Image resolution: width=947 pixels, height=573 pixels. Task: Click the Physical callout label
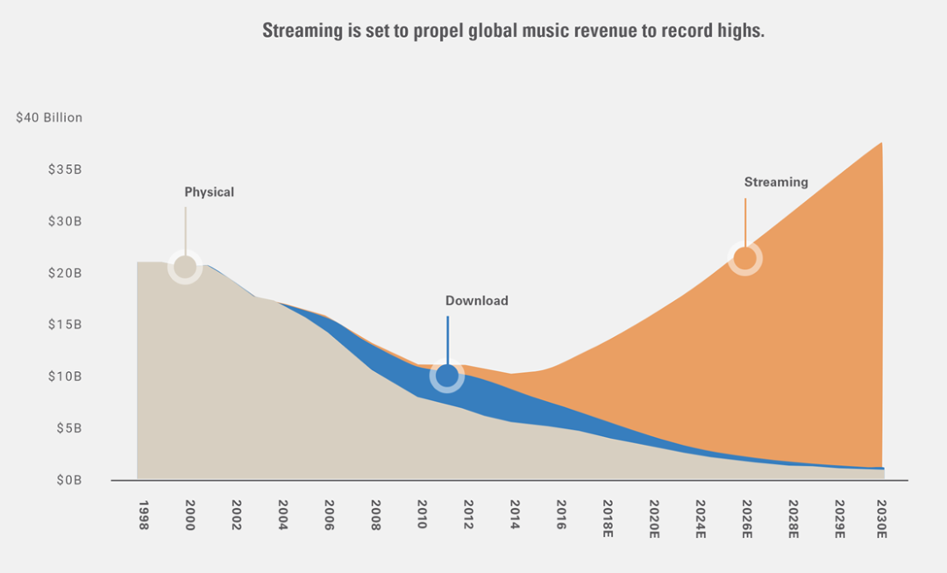(x=209, y=192)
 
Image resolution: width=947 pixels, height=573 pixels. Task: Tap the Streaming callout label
(x=776, y=183)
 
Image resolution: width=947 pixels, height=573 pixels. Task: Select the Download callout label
(x=476, y=301)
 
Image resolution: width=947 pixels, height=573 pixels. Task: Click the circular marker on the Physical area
(x=185, y=267)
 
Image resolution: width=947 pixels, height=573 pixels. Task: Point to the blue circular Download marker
(x=447, y=376)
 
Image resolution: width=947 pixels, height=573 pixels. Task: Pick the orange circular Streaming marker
(x=744, y=259)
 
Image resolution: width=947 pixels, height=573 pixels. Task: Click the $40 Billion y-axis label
(x=49, y=118)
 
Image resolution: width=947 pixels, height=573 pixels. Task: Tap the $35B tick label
(x=65, y=169)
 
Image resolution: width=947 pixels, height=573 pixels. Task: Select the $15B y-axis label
(x=65, y=325)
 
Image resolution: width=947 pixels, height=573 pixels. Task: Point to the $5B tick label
(x=68, y=429)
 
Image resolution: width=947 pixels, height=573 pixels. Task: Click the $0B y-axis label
(x=68, y=481)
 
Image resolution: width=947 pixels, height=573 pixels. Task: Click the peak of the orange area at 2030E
(x=880, y=143)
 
